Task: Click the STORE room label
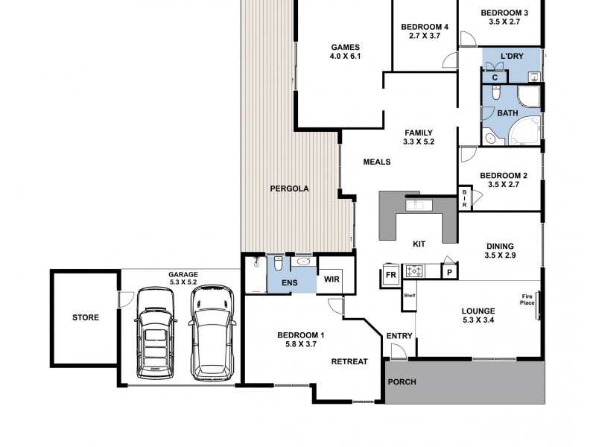pyautogui.click(x=86, y=317)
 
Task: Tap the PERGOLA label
pyautogui.click(x=289, y=188)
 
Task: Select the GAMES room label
pyautogui.click(x=345, y=48)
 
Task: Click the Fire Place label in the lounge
pyautogui.click(x=527, y=299)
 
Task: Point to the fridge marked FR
pyautogui.click(x=390, y=275)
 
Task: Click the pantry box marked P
pyautogui.click(x=450, y=272)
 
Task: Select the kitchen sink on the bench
pyautogui.click(x=419, y=206)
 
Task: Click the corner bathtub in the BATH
pyautogui.click(x=524, y=130)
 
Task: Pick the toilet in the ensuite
pyautogui.click(x=278, y=264)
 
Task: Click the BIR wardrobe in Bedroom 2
pyautogui.click(x=464, y=198)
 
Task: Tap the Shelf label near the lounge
pyautogui.click(x=409, y=295)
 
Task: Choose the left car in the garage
pyautogui.click(x=156, y=333)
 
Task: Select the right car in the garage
pyautogui.click(x=212, y=333)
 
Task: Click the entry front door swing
pyautogui.click(x=399, y=352)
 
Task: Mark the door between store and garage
pyautogui.click(x=125, y=299)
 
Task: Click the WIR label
pyautogui.click(x=332, y=279)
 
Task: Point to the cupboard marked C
pyautogui.click(x=495, y=77)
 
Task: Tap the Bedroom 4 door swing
pyautogui.click(x=451, y=61)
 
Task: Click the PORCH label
pyautogui.click(x=402, y=382)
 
